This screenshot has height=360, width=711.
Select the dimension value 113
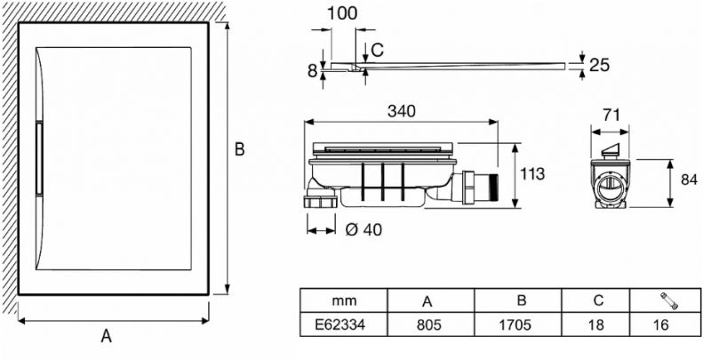[532, 173]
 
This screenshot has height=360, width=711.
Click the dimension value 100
[341, 15]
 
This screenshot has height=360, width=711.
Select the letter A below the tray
[106, 336]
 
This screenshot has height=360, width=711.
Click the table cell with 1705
[515, 325]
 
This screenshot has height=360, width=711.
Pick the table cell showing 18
[597, 325]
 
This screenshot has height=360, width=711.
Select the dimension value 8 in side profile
[313, 71]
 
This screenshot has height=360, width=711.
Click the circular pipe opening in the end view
[611, 186]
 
